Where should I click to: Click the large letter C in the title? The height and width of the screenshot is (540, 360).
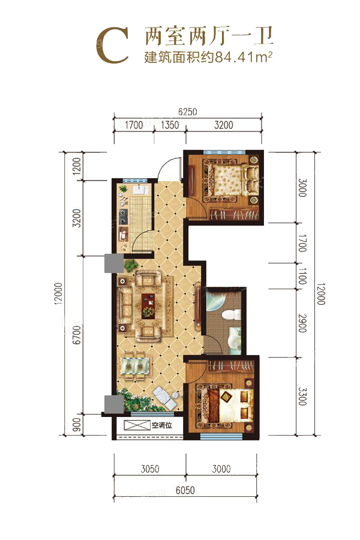[x=113, y=46]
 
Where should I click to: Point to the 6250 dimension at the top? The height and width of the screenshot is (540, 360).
[x=188, y=112]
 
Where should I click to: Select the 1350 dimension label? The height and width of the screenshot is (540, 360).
[x=170, y=125]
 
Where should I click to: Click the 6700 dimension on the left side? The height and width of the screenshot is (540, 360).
[x=77, y=334]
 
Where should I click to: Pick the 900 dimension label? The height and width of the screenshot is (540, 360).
[x=77, y=425]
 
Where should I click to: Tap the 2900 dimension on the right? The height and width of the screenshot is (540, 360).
[x=302, y=323]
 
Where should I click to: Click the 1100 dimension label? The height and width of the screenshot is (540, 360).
[x=302, y=276]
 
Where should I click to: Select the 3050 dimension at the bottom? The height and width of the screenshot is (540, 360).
[x=150, y=469]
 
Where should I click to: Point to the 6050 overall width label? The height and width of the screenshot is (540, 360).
[x=185, y=490]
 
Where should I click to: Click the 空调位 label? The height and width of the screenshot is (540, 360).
[x=162, y=425]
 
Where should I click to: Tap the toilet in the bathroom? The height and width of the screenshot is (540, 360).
[x=231, y=314]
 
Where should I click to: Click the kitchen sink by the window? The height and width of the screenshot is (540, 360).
[x=140, y=190]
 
